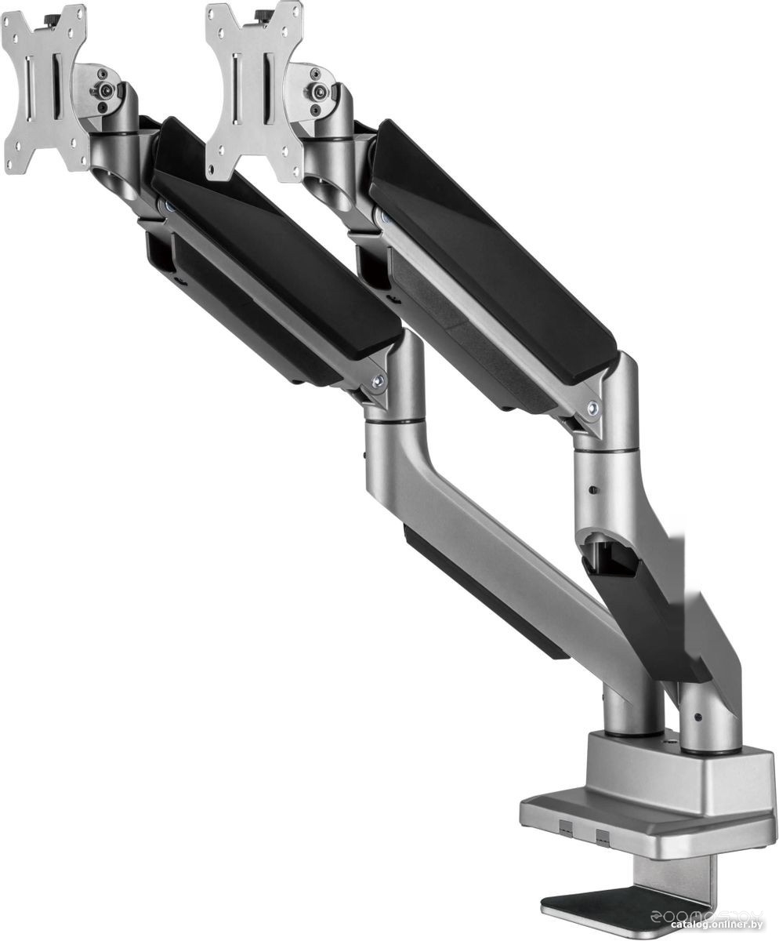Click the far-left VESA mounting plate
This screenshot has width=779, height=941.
43,88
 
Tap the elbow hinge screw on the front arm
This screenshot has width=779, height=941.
378,382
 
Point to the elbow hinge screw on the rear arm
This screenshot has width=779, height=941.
593,408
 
